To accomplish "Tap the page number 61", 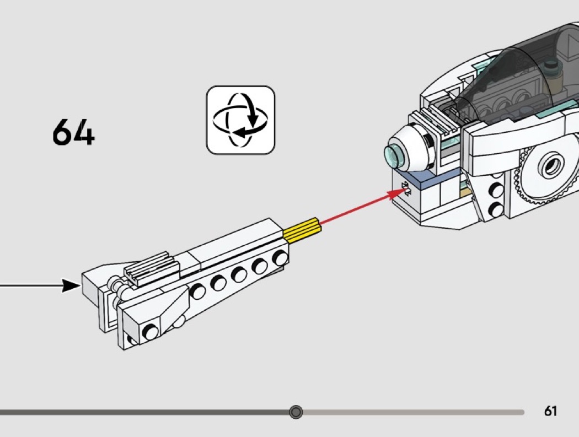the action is [x=550, y=411].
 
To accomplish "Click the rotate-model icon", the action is [x=240, y=120].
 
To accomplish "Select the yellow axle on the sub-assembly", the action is [x=302, y=227].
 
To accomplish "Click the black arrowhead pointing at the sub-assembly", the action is [x=71, y=285].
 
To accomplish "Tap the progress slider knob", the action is [x=296, y=412].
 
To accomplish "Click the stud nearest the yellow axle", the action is [x=281, y=257].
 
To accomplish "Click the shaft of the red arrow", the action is [x=355, y=209].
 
